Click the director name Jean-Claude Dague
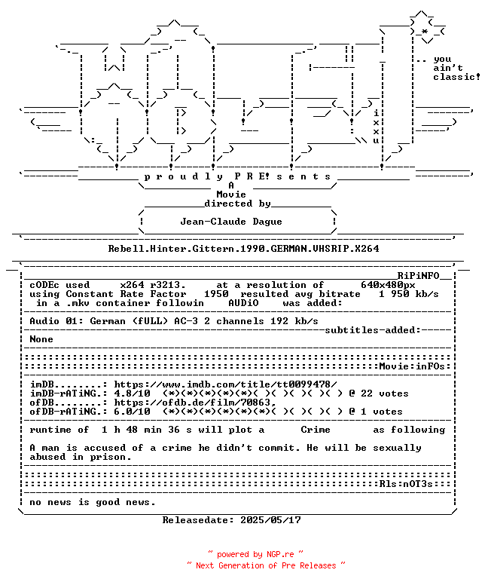(231, 222)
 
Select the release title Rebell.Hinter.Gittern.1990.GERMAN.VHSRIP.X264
(243, 249)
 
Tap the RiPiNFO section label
(418, 276)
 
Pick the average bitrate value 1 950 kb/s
(409, 294)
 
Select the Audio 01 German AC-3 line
(174, 321)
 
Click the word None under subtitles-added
(41, 339)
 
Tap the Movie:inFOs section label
(412, 366)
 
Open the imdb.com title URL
(225, 384)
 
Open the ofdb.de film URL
(195, 403)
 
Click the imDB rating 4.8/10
(133, 394)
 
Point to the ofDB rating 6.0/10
(133, 412)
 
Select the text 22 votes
(385, 394)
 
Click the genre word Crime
(316, 430)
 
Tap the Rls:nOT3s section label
(406, 484)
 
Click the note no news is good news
(93, 502)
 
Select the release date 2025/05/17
(270, 520)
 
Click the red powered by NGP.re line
(255, 554)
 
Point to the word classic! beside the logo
(456, 77)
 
